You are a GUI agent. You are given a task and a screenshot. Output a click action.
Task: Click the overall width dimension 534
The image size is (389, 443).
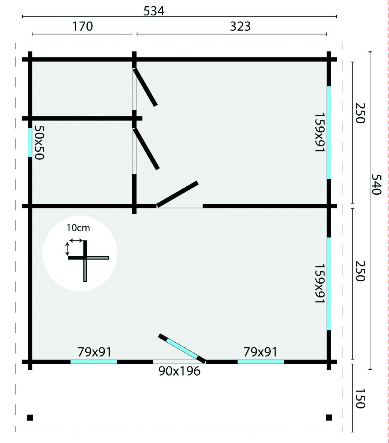tap(154, 11)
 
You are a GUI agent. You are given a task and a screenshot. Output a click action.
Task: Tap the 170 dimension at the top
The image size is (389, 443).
tap(82, 26)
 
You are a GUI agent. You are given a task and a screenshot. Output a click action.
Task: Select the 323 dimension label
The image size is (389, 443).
tap(240, 26)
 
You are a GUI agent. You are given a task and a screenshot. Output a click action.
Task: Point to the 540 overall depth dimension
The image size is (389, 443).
tap(376, 185)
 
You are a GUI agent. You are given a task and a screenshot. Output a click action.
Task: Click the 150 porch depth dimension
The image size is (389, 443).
tap(360, 398)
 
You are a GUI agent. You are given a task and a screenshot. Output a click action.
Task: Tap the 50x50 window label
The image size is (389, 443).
tap(39, 142)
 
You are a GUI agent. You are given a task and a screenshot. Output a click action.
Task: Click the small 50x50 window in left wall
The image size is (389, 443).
tap(30, 142)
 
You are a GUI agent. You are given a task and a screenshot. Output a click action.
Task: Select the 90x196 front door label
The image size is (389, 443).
tap(179, 371)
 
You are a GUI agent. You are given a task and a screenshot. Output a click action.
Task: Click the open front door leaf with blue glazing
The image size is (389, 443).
tap(182, 348)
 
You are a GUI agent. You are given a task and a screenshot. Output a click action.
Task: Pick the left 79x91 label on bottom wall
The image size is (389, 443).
tap(94, 352)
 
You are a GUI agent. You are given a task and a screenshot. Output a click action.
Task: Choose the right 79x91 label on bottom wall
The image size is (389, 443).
tap(260, 352)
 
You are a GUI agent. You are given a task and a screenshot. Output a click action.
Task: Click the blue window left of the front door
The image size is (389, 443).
tap(94, 361)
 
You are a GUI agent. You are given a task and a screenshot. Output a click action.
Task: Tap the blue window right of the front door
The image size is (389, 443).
tap(261, 361)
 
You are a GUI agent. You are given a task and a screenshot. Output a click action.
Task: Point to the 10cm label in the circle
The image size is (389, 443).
tap(78, 228)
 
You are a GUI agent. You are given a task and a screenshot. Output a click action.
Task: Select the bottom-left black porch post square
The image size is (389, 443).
tap(30, 418)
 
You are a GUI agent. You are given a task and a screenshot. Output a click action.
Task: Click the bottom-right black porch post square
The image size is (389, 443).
tap(329, 418)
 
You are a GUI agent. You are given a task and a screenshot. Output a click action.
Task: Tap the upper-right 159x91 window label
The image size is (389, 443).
tap(320, 133)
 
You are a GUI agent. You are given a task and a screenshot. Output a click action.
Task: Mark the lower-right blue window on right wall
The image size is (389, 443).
tap(329, 284)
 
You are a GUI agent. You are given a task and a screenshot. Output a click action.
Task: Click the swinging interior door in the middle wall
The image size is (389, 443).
tap(177, 194)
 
